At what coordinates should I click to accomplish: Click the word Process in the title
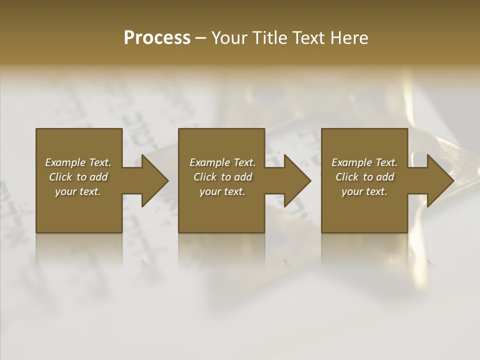pos(157,38)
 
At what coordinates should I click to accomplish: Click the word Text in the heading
pos(308,38)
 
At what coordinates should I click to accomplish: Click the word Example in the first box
pos(65,162)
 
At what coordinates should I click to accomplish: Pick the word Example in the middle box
pos(209,162)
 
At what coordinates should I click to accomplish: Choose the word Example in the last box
pos(351,162)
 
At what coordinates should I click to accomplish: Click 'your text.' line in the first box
pos(78,191)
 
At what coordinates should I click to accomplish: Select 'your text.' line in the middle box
pos(222,191)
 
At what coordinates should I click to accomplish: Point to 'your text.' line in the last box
pos(364,191)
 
